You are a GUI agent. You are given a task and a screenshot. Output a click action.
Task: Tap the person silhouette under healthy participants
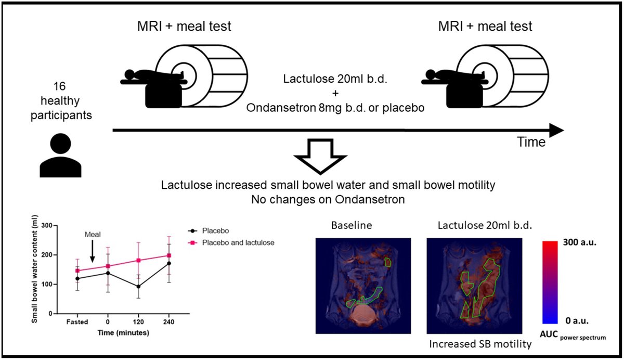[x=61, y=155]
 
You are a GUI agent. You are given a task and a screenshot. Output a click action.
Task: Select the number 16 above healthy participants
[x=61, y=86]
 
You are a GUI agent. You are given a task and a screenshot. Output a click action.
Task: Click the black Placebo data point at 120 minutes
[x=138, y=287]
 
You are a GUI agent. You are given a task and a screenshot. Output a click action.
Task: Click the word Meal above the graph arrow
[x=92, y=235]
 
